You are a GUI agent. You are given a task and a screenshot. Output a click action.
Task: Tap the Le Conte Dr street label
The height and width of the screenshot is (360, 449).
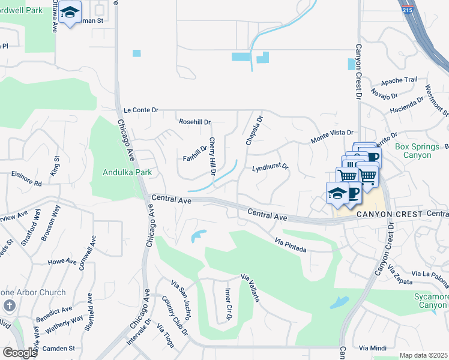141,110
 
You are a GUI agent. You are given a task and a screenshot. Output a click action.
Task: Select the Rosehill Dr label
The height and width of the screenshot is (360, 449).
195,122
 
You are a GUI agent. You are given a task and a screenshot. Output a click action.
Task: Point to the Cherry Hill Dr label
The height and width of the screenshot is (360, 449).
212,157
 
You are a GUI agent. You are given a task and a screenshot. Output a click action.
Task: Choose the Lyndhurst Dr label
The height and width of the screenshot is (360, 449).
270,167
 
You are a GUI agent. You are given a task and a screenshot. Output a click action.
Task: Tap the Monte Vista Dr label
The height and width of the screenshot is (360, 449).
333,136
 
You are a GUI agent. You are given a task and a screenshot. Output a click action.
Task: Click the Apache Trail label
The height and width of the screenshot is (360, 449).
399,80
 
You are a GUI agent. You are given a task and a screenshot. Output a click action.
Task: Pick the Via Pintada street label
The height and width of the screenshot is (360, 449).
291,244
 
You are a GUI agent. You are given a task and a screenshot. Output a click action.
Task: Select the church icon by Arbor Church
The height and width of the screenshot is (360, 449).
10,306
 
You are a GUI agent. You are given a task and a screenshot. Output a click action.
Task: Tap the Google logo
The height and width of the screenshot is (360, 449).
20,352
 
